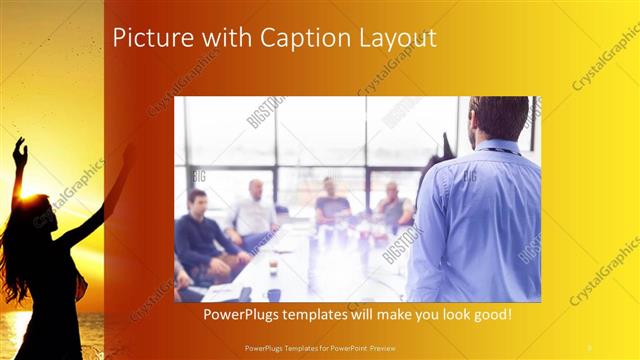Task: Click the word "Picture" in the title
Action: coord(147,39)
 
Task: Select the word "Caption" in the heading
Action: coord(296,39)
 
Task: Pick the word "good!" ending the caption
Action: coord(489,315)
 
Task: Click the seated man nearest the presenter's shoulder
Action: coord(393,204)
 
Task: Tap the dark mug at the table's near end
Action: coord(272,294)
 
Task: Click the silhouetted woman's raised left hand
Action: coord(19,152)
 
